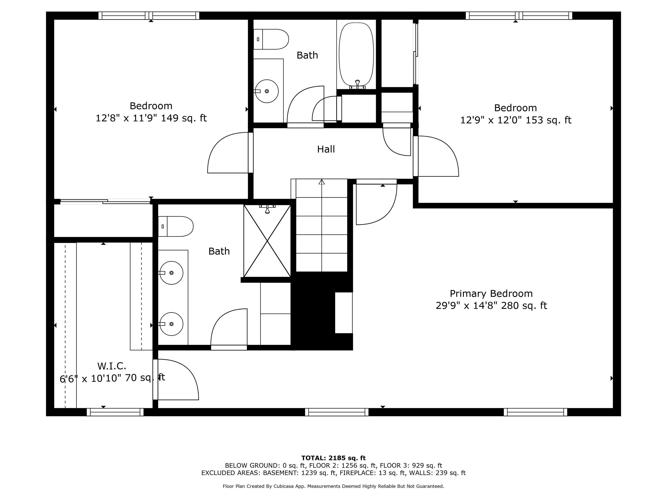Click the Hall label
[326, 149]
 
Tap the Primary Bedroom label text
[491, 294]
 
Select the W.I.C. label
[112, 366]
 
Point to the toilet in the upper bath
[271, 39]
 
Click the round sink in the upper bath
[267, 91]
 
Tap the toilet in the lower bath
[175, 226]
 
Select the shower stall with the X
[267, 241]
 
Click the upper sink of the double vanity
[171, 273]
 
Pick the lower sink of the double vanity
[171, 324]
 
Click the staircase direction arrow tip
[322, 180]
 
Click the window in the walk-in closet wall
[115, 412]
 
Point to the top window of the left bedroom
[149, 16]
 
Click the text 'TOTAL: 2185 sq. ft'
[333, 458]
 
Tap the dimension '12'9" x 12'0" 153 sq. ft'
[516, 120]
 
